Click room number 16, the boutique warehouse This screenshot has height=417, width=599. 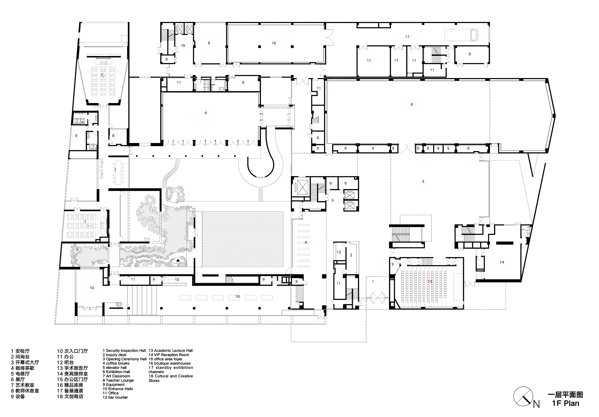coord(274,43)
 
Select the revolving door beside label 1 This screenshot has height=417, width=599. coord(378,298)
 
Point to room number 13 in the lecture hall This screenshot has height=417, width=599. coord(430,282)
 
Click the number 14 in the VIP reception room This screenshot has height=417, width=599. coord(502,262)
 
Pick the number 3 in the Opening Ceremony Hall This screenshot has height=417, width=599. coord(423,181)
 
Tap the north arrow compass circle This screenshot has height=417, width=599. coord(523,396)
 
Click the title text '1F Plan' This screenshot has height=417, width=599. coord(565,403)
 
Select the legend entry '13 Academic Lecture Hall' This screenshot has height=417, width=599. coord(171,351)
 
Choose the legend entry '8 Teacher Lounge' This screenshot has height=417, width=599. coord(118,380)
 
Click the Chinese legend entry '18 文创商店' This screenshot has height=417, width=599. coord(70,396)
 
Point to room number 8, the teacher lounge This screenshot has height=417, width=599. coord(113,136)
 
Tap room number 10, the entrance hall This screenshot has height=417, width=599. coord(92,288)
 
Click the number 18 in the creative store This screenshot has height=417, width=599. coord(237,297)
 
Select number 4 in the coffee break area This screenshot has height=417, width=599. coord(306,242)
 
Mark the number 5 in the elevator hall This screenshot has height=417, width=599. coord(333,200)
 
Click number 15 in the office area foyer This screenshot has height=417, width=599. coord(183,46)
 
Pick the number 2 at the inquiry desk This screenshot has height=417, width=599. coord(351,255)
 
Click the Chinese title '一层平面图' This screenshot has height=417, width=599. coord(565,395)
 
